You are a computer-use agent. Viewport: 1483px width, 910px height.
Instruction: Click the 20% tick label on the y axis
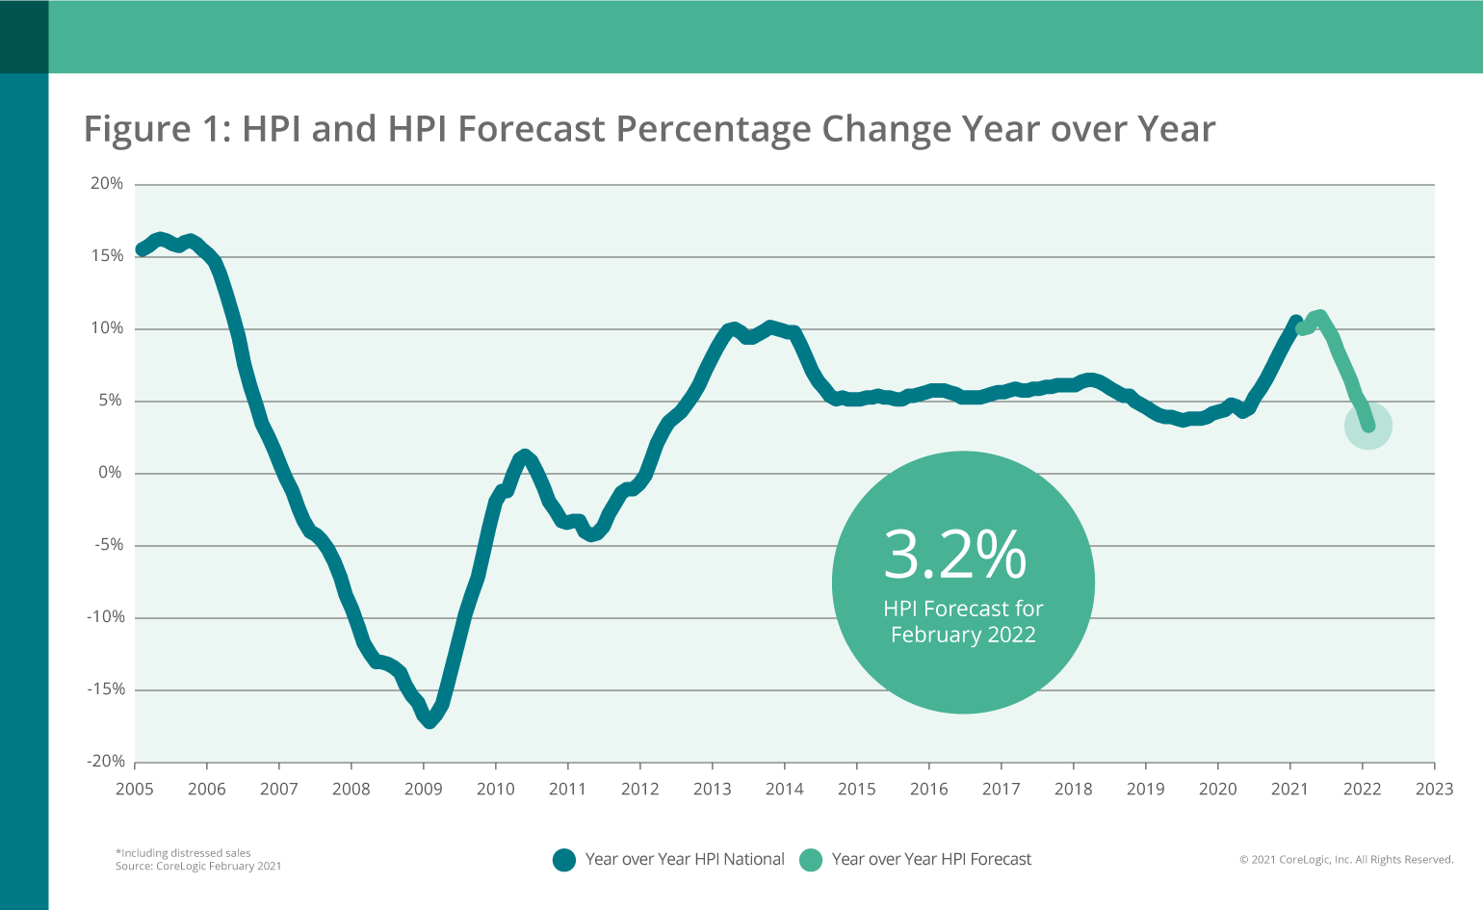pos(107,184)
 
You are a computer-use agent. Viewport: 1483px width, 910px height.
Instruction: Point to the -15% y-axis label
pos(105,689)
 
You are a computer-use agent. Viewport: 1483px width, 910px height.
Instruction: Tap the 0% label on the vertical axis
pos(110,473)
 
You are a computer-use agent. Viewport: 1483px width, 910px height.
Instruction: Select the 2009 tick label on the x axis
pos(423,790)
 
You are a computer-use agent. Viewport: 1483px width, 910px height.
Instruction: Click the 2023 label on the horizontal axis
pos(1434,790)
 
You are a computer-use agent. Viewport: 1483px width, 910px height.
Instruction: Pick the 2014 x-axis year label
pos(784,790)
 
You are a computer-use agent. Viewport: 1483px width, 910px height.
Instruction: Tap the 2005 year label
pos(135,790)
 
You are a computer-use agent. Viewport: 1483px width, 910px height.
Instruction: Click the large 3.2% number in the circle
pos(955,555)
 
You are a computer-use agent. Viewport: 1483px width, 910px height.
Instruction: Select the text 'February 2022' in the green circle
pos(963,636)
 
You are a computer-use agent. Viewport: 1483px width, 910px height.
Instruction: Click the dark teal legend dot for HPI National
pos(564,860)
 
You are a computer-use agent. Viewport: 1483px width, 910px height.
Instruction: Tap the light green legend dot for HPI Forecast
pos(811,860)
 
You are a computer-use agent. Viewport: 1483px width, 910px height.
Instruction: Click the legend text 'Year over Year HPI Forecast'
pos(931,860)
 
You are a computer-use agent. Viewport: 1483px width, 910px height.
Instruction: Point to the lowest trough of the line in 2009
pos(429,720)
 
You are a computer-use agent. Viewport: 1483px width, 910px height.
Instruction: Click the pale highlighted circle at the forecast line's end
pos(1367,426)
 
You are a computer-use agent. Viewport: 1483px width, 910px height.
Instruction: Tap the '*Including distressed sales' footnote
pos(183,853)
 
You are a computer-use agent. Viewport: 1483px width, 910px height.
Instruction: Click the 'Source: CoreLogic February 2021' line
pos(198,867)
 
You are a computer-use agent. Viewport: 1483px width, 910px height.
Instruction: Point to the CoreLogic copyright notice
pos(1346,860)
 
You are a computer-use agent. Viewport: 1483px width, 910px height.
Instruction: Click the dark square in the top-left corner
pos(24,37)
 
